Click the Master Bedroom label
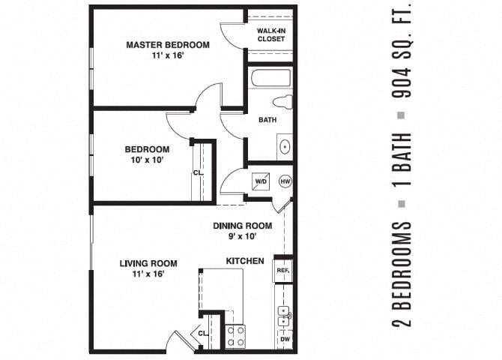[x=167, y=45]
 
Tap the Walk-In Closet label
[x=270, y=34]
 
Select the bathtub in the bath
[x=271, y=77]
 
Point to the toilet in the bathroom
[x=283, y=102]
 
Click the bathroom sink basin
[x=285, y=147]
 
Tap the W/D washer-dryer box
[x=261, y=181]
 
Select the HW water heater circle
[x=285, y=181]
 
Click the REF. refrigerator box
[x=283, y=270]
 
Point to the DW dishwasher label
[x=284, y=339]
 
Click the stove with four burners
[x=235, y=335]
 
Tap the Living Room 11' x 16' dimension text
[x=148, y=274]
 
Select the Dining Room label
[x=242, y=226]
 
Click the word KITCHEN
[x=245, y=261]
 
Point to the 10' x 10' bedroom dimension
[x=146, y=160]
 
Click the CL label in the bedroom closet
[x=198, y=172]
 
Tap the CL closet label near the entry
[x=202, y=333]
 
